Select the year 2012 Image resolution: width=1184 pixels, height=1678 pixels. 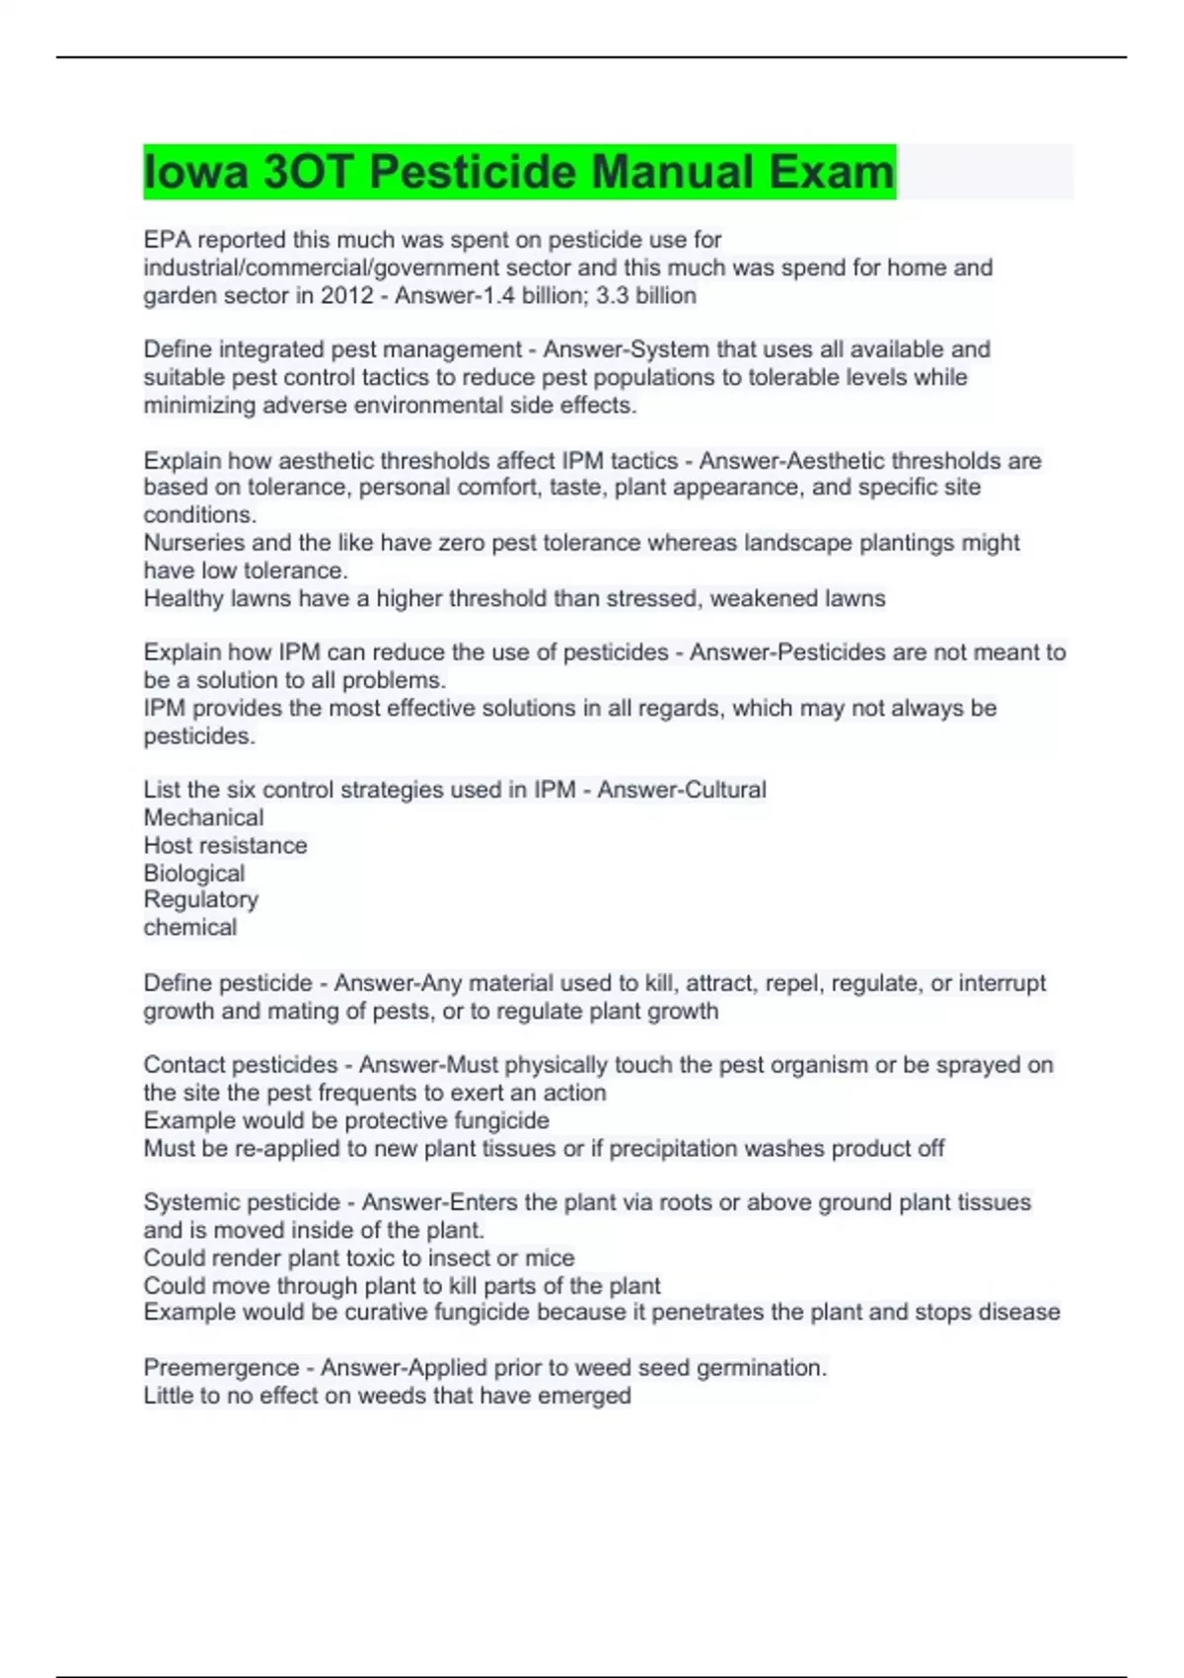[x=346, y=295]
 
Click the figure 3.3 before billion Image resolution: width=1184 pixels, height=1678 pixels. [x=612, y=295]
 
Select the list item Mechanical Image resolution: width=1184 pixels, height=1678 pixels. [x=203, y=817]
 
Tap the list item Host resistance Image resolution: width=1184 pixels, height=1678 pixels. [x=225, y=845]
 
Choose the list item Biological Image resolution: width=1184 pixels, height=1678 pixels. [x=193, y=873]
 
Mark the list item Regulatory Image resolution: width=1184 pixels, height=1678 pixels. [x=200, y=899]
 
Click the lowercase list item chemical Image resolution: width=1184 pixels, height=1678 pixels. [x=189, y=927]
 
